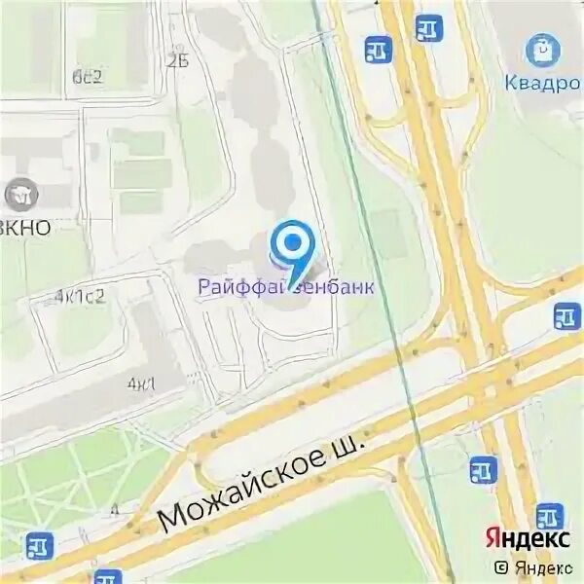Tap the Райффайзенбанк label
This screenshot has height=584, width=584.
tap(285, 286)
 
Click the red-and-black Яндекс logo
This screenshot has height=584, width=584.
tap(529, 538)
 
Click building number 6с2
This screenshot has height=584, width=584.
tap(89, 78)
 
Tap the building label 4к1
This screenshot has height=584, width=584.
tap(140, 383)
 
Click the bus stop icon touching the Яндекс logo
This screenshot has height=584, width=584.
tap(549, 516)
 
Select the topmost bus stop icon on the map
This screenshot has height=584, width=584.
tap(428, 27)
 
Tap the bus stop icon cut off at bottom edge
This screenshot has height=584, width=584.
tap(107, 576)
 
